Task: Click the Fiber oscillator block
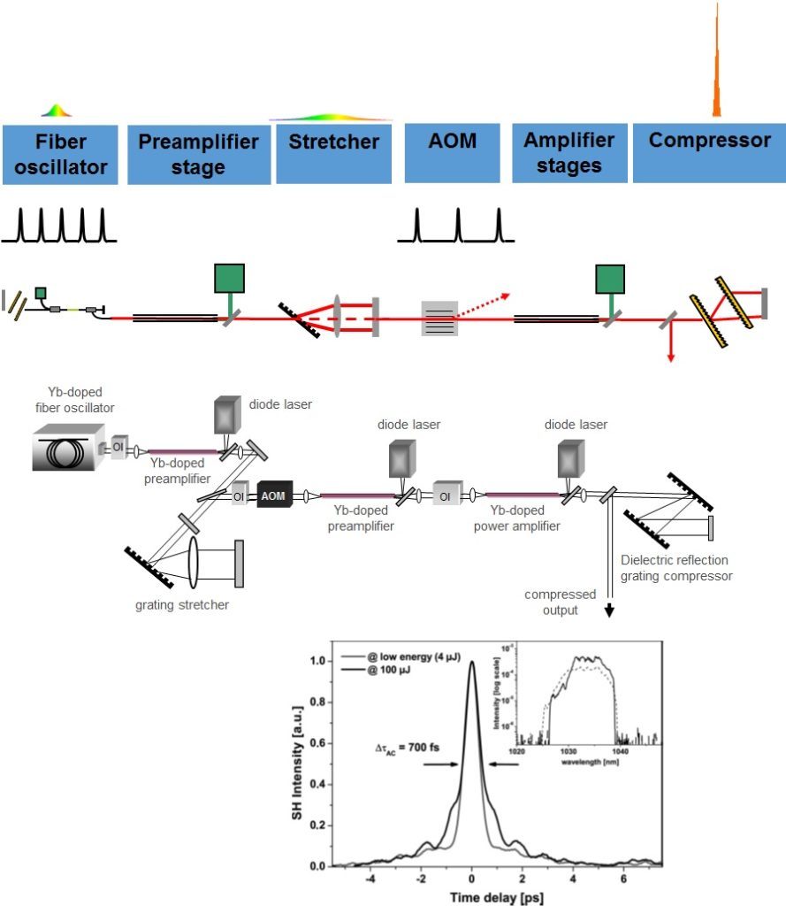tap(59, 154)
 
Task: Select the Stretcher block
tap(333, 154)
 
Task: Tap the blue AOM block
tap(454, 154)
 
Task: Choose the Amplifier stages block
tap(569, 154)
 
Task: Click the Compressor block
tap(709, 154)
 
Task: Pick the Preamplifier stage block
tap(198, 154)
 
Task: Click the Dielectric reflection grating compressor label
tap(676, 568)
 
